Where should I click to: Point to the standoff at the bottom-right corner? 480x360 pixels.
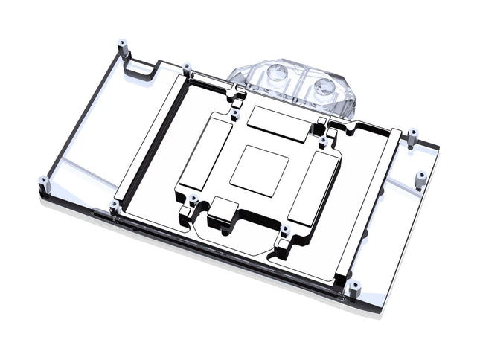click(354, 286)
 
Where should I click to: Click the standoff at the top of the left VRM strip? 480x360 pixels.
click(186, 68)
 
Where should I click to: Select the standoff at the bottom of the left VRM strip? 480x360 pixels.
click(114, 206)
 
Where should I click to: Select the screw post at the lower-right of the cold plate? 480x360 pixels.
click(284, 231)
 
